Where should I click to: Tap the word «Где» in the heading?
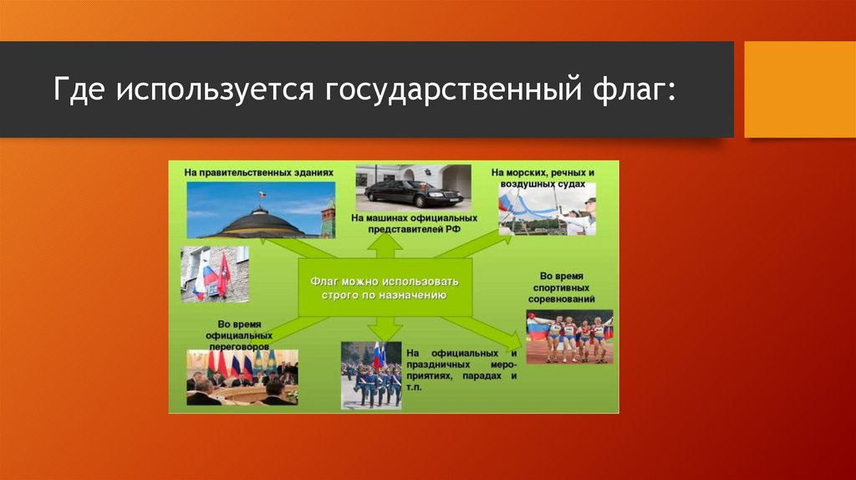coord(79,89)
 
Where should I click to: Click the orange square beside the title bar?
coord(800,89)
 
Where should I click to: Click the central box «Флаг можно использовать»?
coord(385,288)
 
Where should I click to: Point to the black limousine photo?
coord(413,188)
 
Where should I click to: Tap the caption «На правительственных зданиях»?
coord(259,172)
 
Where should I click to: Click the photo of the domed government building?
coord(261,210)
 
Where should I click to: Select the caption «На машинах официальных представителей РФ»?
coord(414,223)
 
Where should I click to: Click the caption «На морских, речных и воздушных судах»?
coord(543,178)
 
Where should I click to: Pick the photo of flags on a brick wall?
coord(215,274)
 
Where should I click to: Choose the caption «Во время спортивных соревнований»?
coord(561,288)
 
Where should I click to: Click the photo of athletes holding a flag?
coord(569,337)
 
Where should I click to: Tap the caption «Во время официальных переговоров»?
coord(239,335)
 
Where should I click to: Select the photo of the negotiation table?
coord(242,377)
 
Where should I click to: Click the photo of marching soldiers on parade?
coord(371,375)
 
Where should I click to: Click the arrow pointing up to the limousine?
coord(385,247)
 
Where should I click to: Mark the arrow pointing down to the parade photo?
coord(385,329)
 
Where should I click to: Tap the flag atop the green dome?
coord(262,194)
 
